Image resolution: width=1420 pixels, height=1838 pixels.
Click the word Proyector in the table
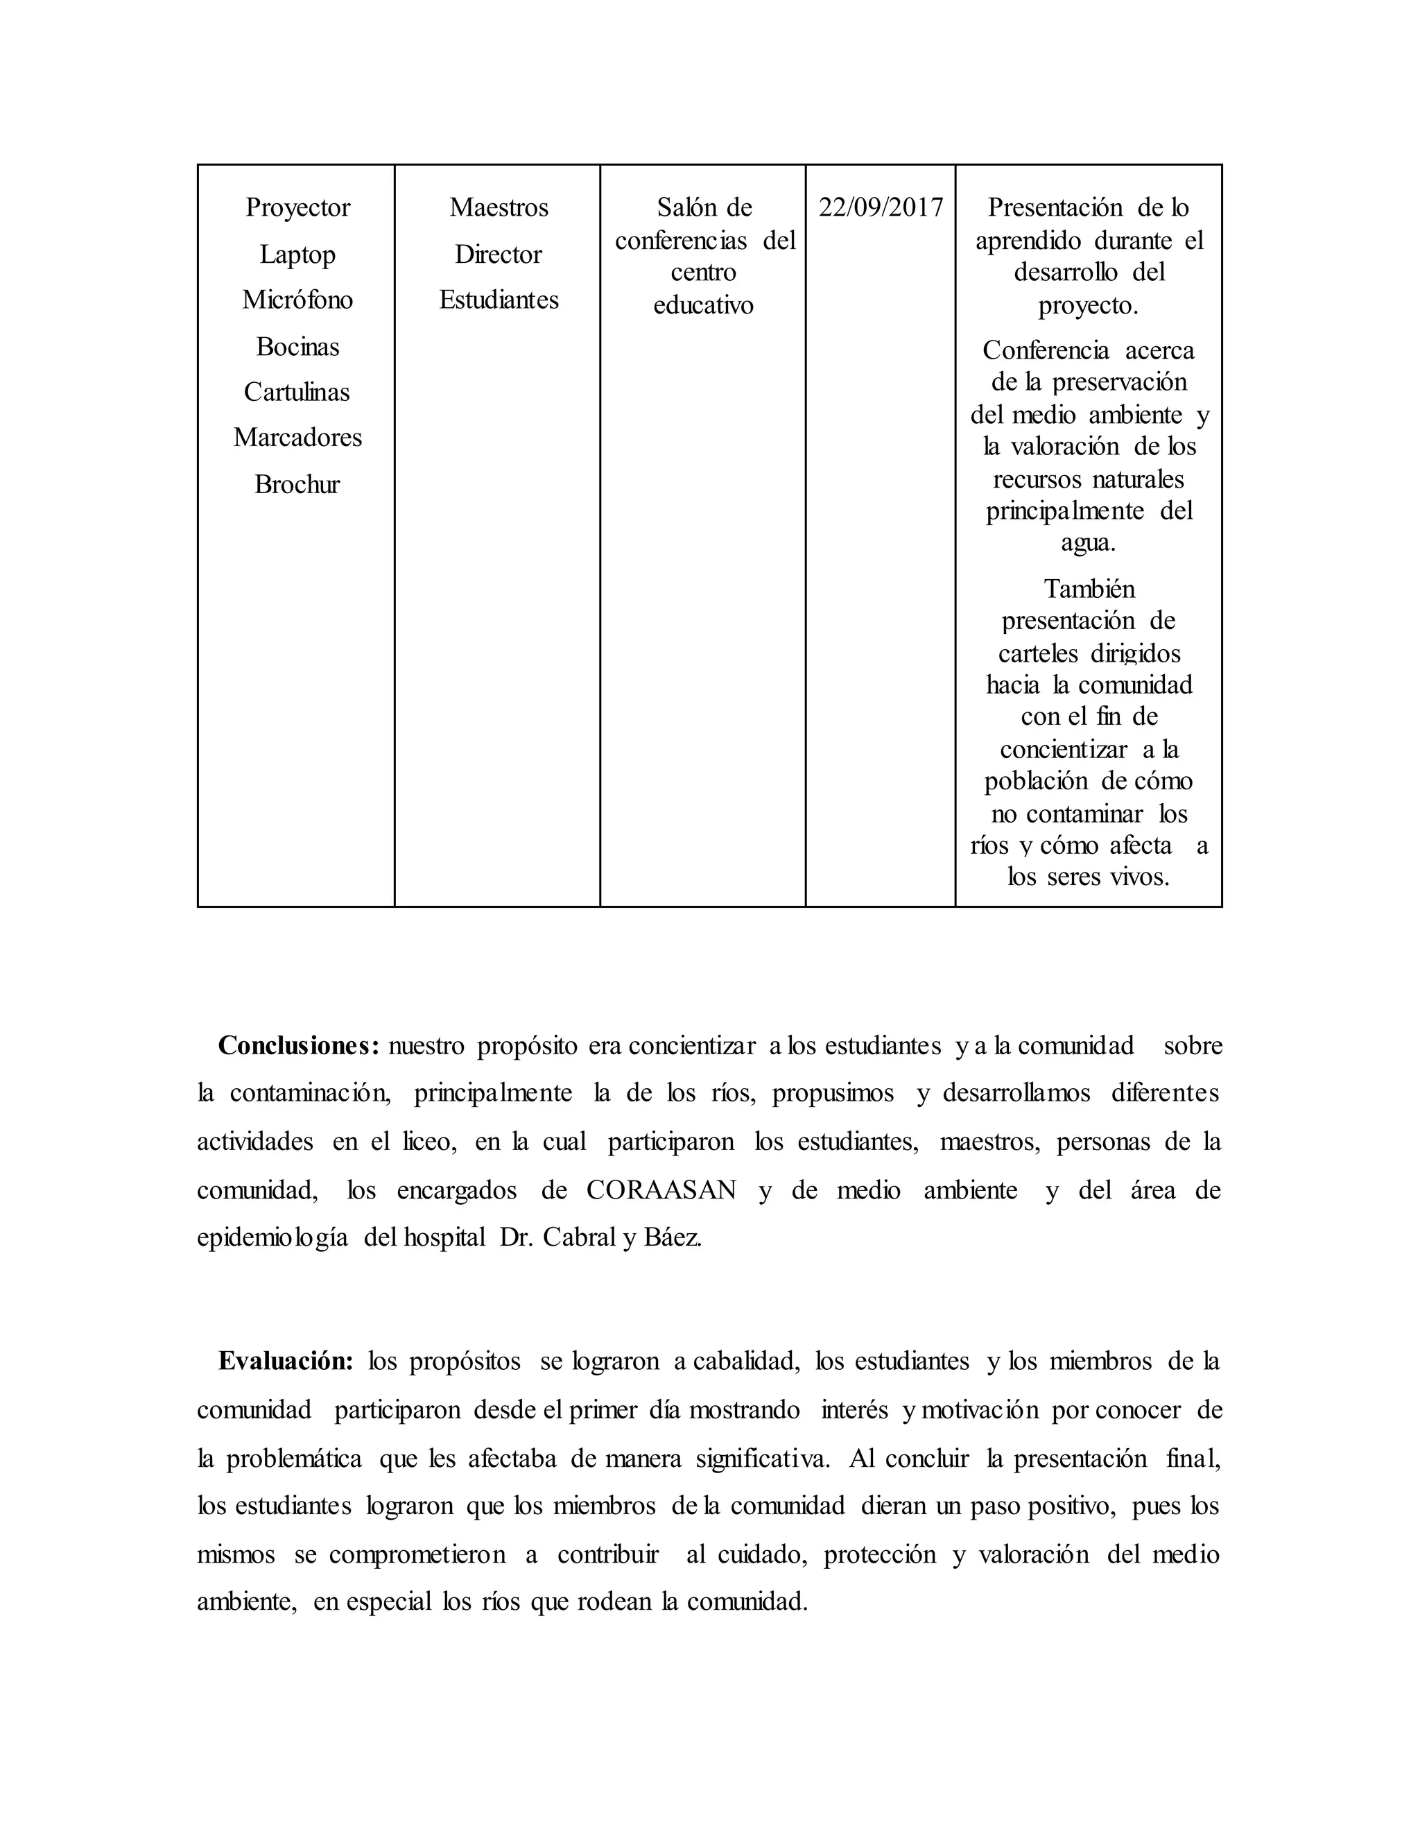297,208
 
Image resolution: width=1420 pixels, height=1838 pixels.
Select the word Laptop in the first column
297,254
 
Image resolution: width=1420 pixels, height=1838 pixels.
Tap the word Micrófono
297,300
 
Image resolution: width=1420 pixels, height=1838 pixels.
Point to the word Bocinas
297,347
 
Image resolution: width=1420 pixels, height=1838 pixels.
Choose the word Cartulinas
297,392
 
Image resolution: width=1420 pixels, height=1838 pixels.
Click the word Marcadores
297,438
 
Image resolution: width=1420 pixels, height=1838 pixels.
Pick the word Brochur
297,485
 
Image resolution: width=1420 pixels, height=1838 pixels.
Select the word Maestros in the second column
499,208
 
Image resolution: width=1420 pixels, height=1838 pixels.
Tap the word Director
498,254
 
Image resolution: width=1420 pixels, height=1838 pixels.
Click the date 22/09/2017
881,208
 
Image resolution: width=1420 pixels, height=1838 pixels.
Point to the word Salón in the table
682,208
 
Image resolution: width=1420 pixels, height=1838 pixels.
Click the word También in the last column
1089,589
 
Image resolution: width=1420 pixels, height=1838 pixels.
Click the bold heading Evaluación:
286,1362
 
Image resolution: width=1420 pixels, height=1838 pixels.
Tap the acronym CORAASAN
661,1191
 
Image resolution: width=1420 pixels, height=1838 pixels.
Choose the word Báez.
673,1238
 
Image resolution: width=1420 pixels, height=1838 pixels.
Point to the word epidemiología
272,1239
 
